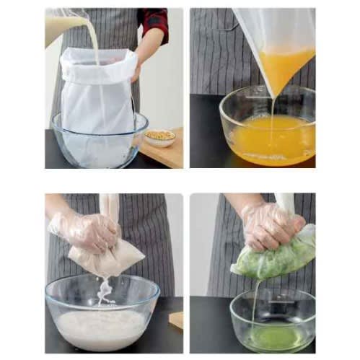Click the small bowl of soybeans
click(160, 137)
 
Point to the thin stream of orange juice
click(272, 115)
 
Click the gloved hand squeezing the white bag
click(87, 231)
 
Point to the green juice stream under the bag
click(254, 303)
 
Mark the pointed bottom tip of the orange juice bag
click(273, 95)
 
